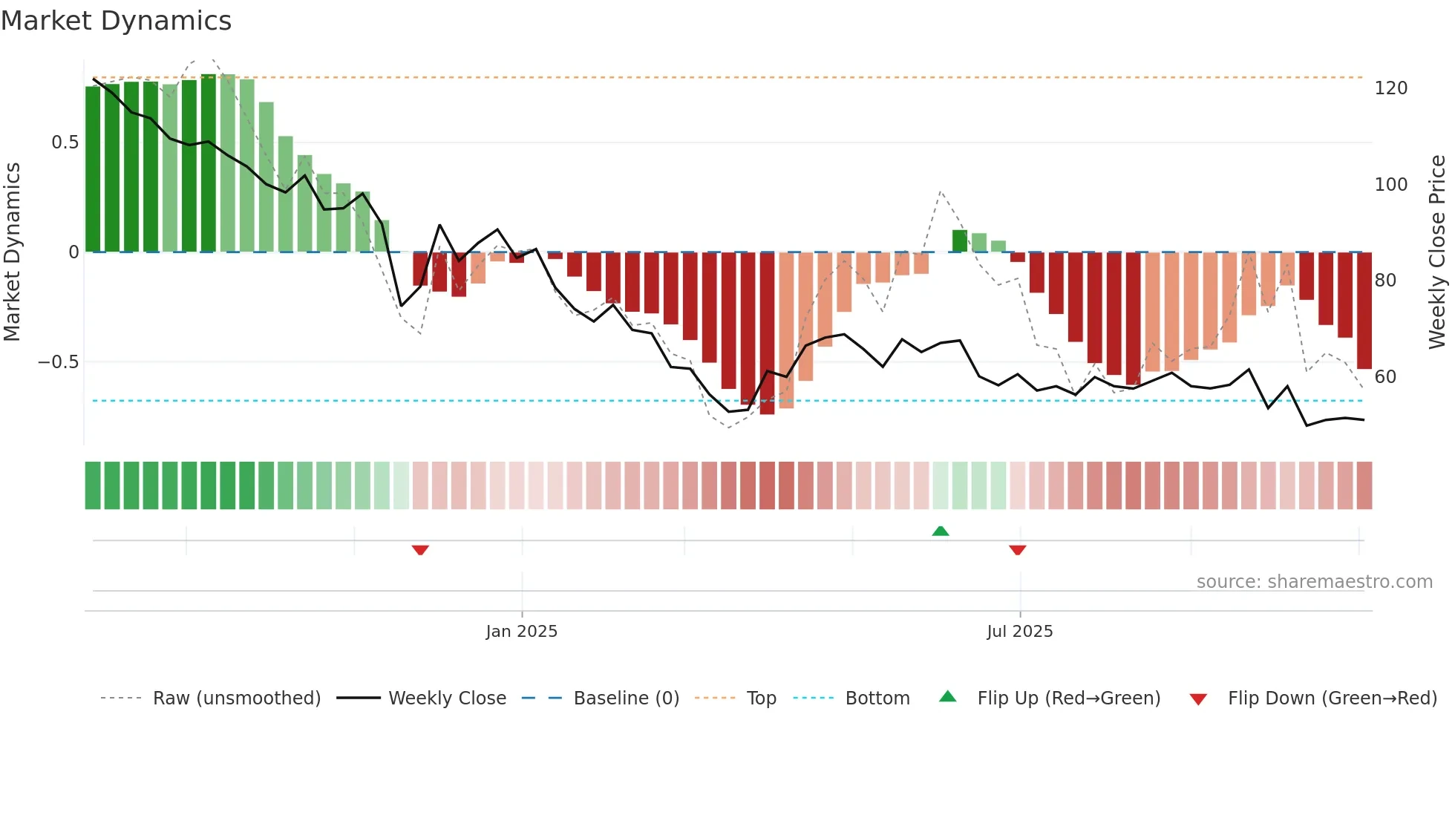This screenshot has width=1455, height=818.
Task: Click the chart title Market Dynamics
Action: click(117, 21)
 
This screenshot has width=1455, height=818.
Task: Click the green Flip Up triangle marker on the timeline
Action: click(941, 531)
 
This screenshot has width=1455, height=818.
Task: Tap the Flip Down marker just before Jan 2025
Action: click(420, 550)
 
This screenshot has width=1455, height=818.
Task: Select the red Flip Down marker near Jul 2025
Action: click(1018, 550)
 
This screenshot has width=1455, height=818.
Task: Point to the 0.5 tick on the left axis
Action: click(65, 143)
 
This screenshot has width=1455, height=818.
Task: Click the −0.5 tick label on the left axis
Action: click(58, 362)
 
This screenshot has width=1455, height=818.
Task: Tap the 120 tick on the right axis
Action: click(1390, 88)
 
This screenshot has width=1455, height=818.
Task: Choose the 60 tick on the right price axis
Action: click(1385, 377)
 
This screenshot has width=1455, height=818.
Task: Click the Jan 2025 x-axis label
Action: click(521, 632)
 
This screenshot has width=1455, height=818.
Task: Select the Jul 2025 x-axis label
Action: click(1019, 632)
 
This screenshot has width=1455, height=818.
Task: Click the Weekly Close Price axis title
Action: click(1437, 252)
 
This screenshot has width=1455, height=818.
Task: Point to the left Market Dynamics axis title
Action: click(12, 252)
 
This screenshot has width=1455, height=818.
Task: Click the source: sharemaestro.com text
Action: click(1314, 582)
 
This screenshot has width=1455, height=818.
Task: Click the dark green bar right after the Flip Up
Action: click(960, 241)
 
